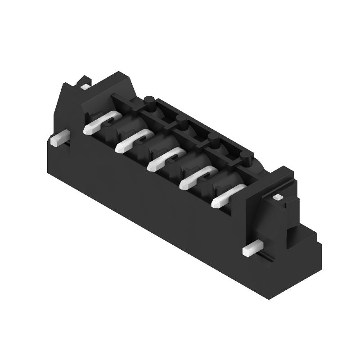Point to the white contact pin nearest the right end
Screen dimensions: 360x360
tap(227, 197)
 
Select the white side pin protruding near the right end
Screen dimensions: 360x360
tap(252, 248)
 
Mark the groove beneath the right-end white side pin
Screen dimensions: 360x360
tap(265, 257)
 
